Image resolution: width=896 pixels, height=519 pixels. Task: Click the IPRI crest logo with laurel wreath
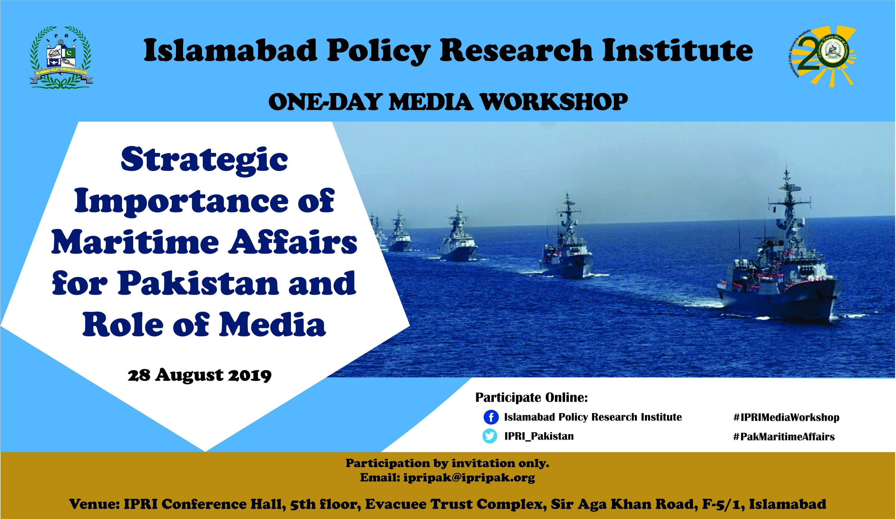[x=61, y=57]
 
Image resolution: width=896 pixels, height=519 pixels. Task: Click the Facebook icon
[x=491, y=417]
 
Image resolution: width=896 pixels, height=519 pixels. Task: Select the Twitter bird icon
[x=490, y=436]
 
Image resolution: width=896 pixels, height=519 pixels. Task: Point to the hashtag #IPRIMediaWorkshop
[x=786, y=417]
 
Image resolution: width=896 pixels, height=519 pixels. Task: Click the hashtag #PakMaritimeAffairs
[x=784, y=436]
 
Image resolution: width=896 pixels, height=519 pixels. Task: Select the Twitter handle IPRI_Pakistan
[x=539, y=436]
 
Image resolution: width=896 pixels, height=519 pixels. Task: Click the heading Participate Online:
[x=532, y=397]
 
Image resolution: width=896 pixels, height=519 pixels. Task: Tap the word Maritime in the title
[x=135, y=242]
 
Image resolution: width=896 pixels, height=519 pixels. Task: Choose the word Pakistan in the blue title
[x=198, y=283]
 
